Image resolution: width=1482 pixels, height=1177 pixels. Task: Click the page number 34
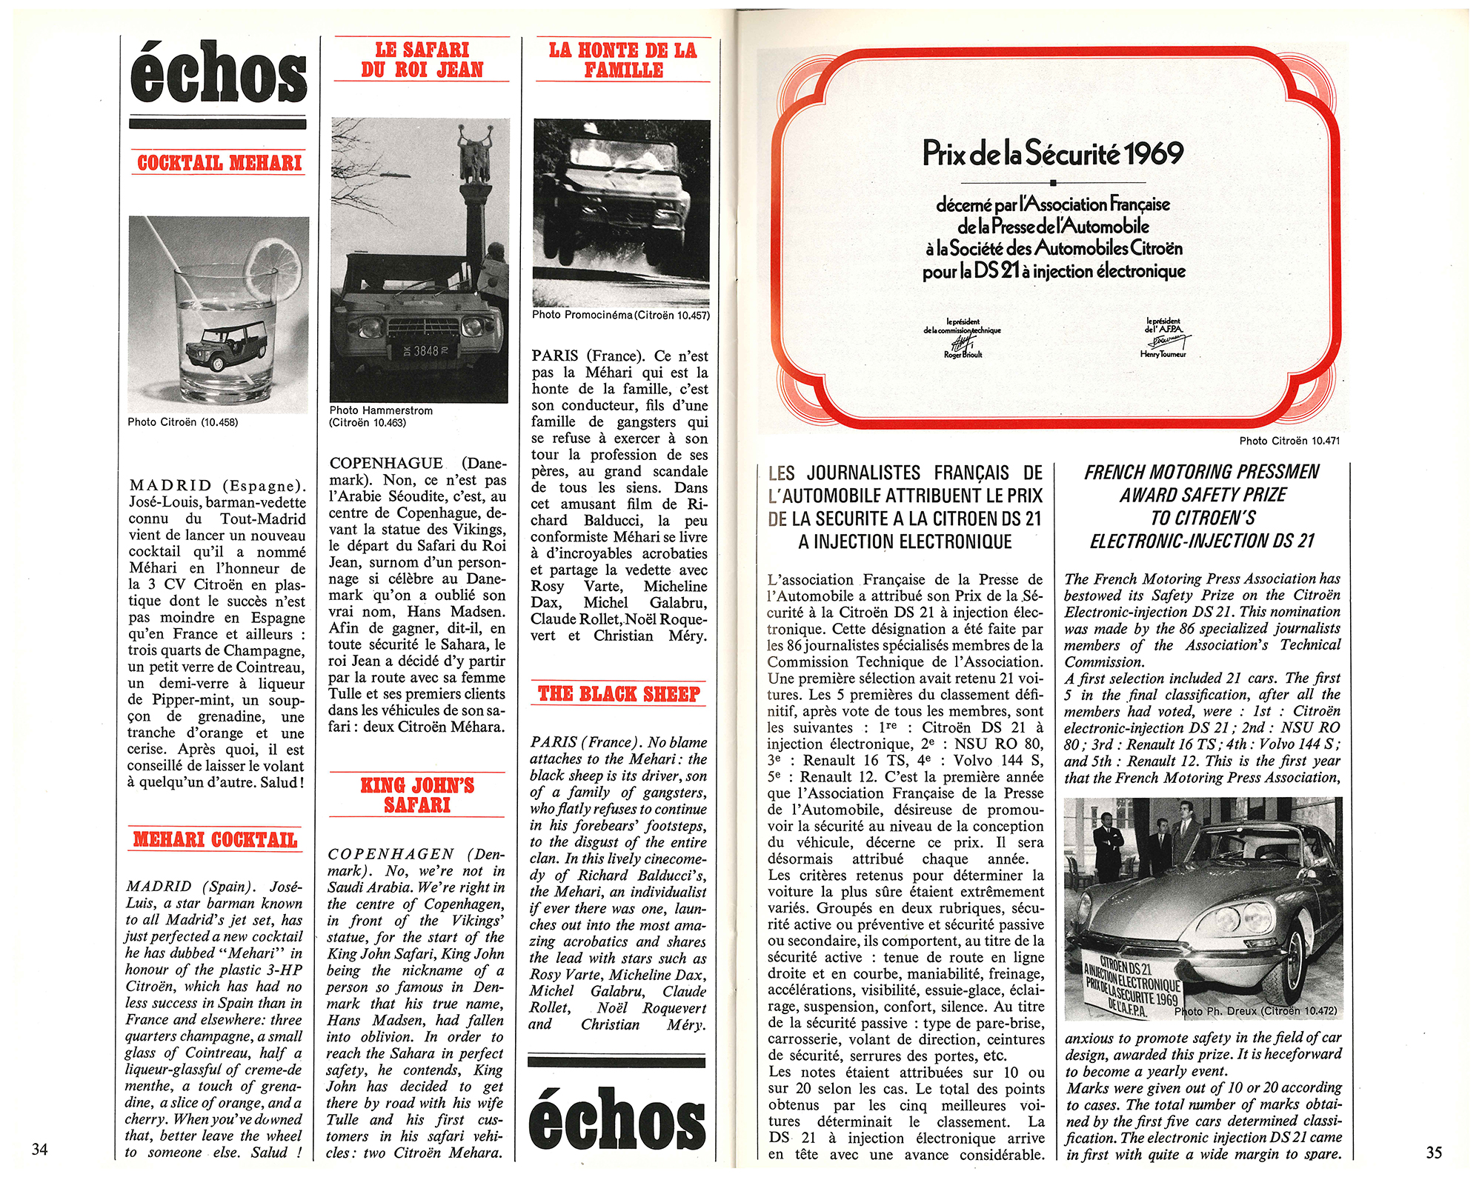coord(40,1149)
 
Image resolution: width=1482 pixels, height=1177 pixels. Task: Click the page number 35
coord(1434,1152)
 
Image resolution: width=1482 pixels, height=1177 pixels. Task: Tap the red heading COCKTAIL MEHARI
coord(219,163)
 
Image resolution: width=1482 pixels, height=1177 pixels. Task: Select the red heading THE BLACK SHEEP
coord(619,694)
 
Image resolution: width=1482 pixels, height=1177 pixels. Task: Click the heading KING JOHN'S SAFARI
coord(417,795)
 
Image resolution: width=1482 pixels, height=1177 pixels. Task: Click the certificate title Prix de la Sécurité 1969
coord(1053,153)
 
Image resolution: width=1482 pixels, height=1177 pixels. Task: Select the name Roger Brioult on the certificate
coord(963,355)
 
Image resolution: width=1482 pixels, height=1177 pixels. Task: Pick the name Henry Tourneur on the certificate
coord(1163,355)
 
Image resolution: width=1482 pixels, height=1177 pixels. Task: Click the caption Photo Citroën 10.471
coord(1289,441)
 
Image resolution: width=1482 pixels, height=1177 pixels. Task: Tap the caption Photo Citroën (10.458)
coord(182,422)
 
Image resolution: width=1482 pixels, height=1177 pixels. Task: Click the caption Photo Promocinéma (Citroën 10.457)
coord(620,315)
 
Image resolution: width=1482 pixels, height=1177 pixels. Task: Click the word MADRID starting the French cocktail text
coord(170,486)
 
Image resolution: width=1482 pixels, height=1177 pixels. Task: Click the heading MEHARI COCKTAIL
coord(215,839)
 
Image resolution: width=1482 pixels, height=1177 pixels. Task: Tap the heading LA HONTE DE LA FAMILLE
coord(622,60)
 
